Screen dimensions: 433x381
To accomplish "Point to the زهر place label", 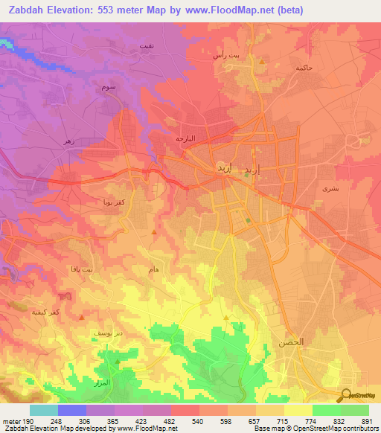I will (69, 141).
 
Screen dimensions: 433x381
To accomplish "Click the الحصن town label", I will (292, 342).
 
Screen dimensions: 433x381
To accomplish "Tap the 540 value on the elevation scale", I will (197, 421).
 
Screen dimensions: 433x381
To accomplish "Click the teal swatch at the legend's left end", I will (43, 410).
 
